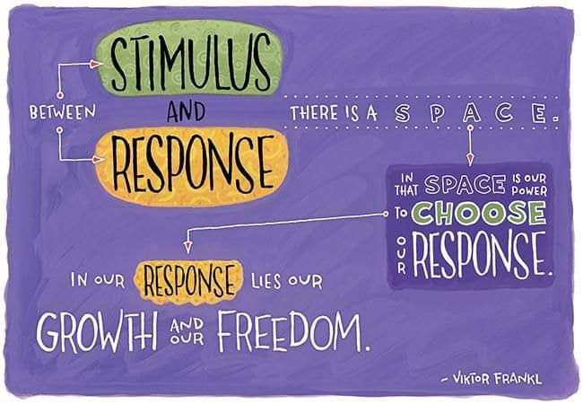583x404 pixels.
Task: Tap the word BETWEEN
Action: click(x=63, y=112)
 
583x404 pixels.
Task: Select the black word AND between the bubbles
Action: click(x=186, y=111)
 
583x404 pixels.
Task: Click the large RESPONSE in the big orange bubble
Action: click(x=193, y=164)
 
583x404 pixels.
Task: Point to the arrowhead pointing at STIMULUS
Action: click(x=97, y=65)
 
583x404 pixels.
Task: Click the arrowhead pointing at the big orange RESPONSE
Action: click(x=98, y=160)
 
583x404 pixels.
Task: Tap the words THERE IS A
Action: click(x=334, y=113)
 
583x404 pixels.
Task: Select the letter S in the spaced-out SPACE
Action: click(x=403, y=113)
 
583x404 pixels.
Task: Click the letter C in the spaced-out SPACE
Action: click(x=504, y=113)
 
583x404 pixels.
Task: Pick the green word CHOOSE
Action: click(x=479, y=213)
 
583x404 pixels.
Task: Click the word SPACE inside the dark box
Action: click(x=466, y=185)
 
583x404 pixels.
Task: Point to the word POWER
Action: click(x=529, y=191)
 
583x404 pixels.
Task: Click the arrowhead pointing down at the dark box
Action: click(x=470, y=159)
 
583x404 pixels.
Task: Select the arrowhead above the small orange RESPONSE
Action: click(x=188, y=247)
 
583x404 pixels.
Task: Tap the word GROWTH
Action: click(x=97, y=332)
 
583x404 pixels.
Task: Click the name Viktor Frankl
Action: click(x=492, y=379)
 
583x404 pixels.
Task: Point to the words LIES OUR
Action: click(x=286, y=281)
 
